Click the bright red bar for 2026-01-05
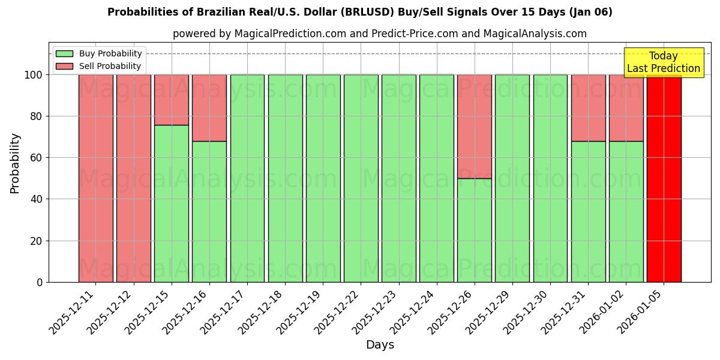[664, 178]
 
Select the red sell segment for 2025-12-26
[474, 126]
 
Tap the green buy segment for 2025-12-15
[171, 203]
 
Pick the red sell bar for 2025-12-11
[95, 178]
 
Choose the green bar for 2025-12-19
[323, 178]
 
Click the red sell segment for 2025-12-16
[209, 108]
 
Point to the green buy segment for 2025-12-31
[588, 211]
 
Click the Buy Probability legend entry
[99, 53]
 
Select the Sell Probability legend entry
[99, 66]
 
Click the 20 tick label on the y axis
[37, 241]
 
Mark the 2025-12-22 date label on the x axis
[335, 312]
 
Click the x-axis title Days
[380, 345]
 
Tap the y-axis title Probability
[15, 163]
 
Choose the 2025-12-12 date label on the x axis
[108, 312]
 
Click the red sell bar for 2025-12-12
[133, 178]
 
